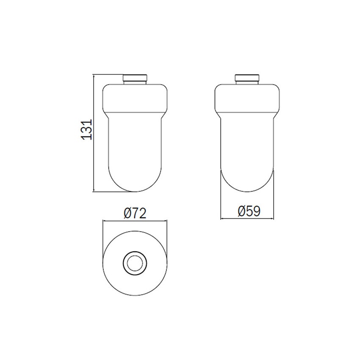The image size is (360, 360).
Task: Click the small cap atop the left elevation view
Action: (135, 79)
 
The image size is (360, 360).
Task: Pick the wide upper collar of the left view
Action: (135, 98)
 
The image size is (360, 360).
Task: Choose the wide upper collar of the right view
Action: (248, 98)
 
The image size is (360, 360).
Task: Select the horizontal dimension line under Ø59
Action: (248, 219)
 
